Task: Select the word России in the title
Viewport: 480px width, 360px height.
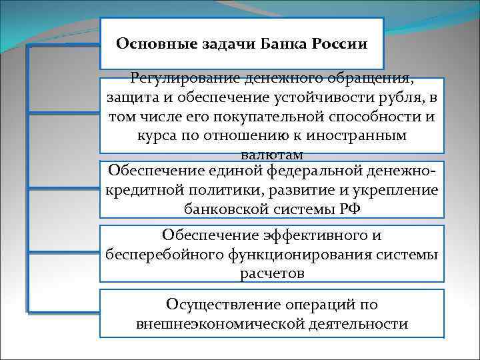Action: pos(337,44)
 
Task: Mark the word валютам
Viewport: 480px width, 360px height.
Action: pos(271,155)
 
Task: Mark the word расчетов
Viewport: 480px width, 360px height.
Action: pos(271,273)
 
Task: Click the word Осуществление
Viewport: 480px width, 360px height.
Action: pos(225,305)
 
